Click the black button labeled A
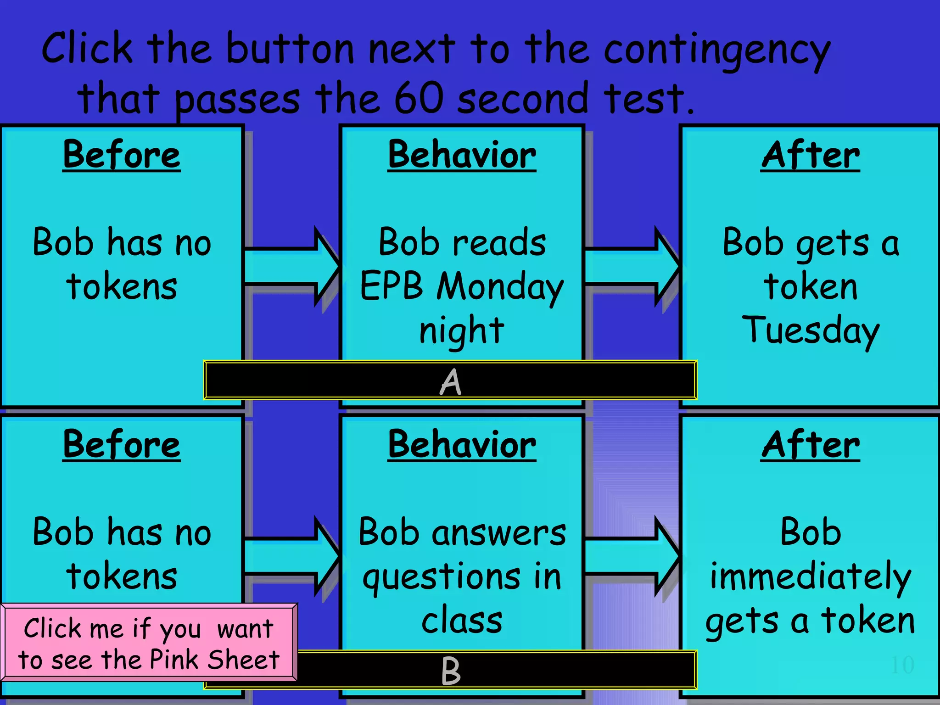point(450,380)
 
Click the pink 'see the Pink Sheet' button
point(149,643)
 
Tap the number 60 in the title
point(419,98)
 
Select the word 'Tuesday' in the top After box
point(811,331)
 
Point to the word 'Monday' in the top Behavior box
point(500,287)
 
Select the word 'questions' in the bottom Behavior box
point(442,577)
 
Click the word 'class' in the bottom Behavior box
point(462,621)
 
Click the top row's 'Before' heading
point(122,155)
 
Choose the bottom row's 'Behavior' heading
point(462,444)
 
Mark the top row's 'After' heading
point(811,155)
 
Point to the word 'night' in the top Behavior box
point(462,330)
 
